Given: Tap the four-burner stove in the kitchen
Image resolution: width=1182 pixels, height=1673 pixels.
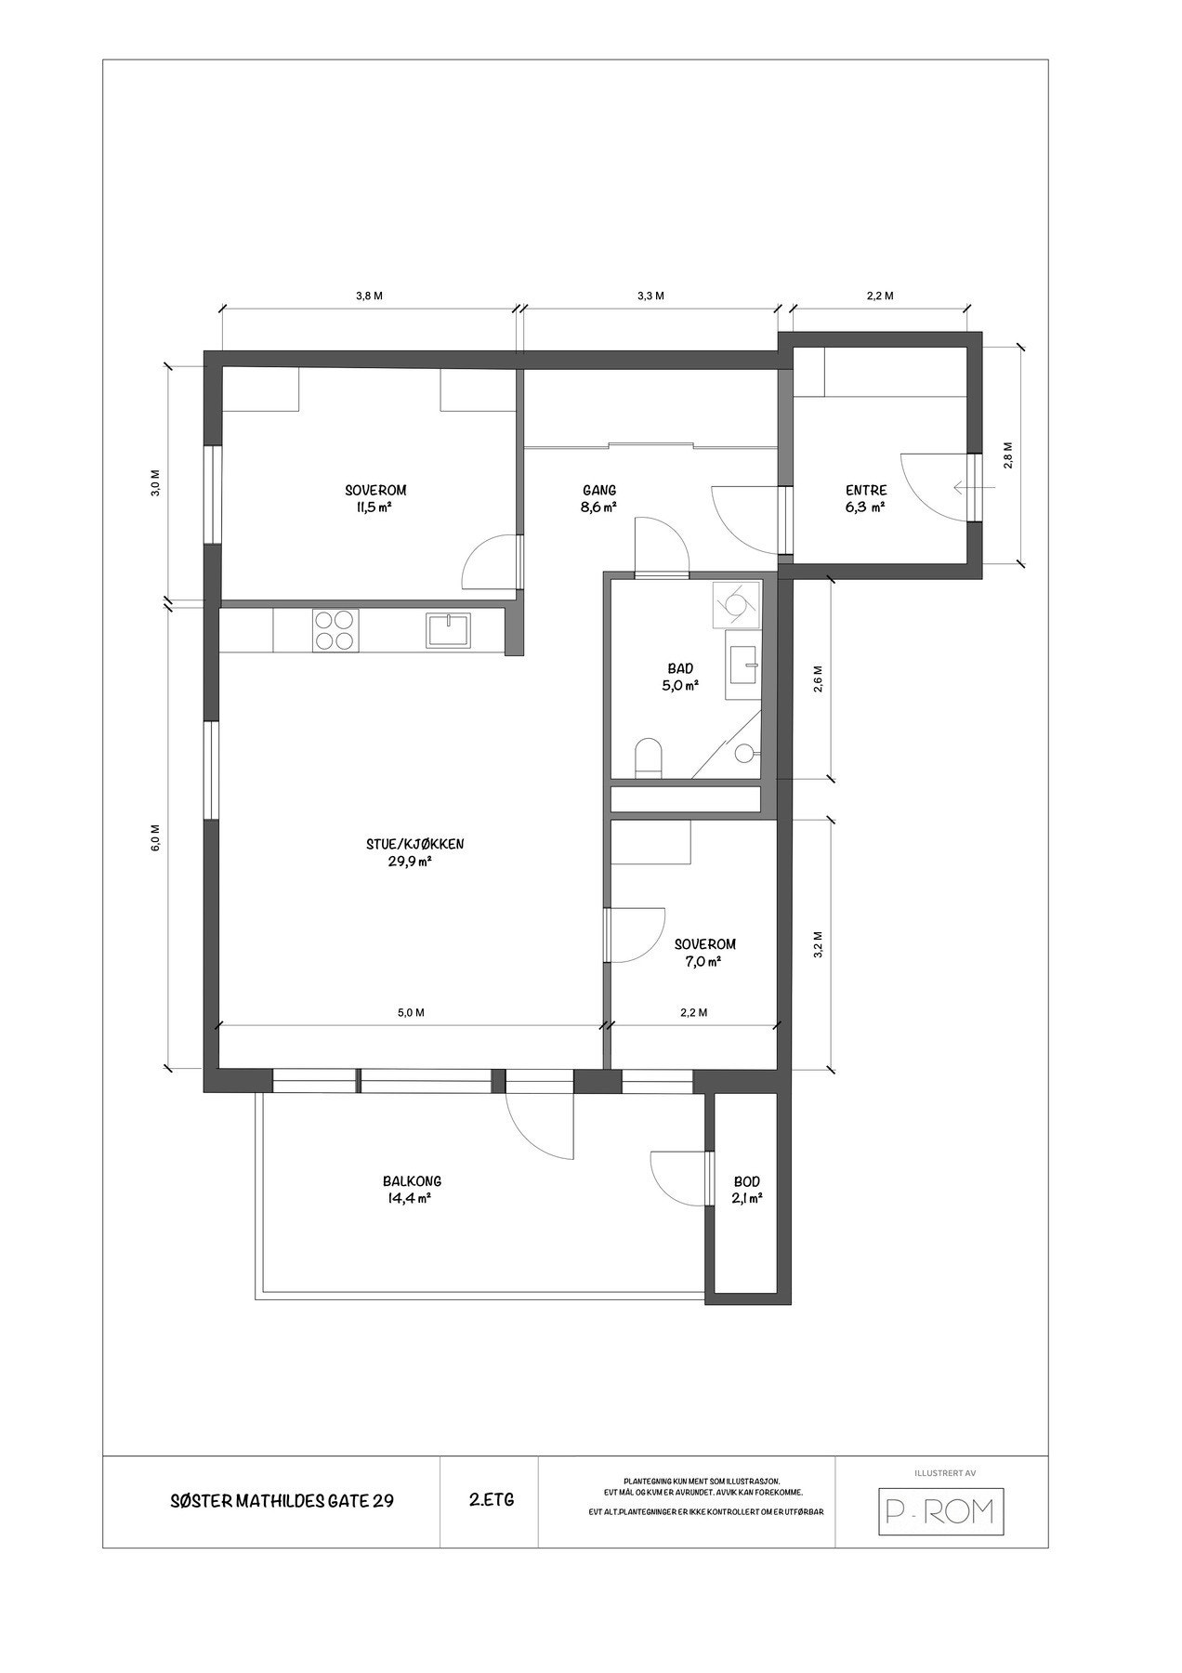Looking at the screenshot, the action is pyautogui.click(x=335, y=630).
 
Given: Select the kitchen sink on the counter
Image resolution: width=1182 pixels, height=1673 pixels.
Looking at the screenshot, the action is pyautogui.click(x=450, y=630).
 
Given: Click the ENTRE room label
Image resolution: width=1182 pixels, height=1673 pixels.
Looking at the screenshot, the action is pyautogui.click(x=865, y=491).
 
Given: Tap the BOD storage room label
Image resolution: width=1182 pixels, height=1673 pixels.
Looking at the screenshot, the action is pyautogui.click(x=747, y=1182).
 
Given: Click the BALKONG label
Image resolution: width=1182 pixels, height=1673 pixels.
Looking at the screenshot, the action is pyautogui.click(x=412, y=1181).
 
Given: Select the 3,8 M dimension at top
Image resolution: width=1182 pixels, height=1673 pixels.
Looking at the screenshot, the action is pyautogui.click(x=370, y=296).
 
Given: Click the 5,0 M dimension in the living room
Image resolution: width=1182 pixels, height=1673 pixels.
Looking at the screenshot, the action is pyautogui.click(x=411, y=1013).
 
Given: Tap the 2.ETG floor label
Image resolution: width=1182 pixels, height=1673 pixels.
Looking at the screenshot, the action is pyautogui.click(x=492, y=1499).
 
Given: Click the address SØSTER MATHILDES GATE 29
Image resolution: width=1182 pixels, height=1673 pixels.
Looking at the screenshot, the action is pyautogui.click(x=282, y=1500).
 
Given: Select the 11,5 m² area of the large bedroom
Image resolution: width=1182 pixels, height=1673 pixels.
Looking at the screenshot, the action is pyautogui.click(x=375, y=507).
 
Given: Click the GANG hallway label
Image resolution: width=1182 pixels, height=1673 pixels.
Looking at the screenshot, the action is pyautogui.click(x=599, y=491).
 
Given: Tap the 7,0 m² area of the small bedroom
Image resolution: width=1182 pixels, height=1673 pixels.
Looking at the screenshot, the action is pyautogui.click(x=703, y=962).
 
